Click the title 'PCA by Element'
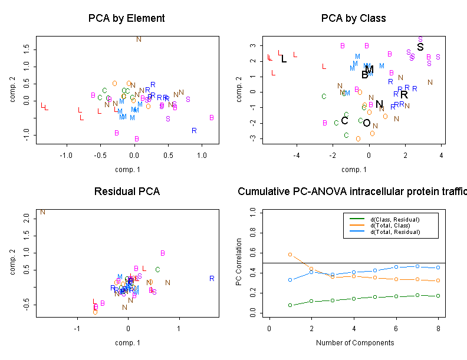coord(126,18)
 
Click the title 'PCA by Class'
coord(353,18)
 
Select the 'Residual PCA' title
coord(126,192)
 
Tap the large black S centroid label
coord(420,47)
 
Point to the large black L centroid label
coord(284,59)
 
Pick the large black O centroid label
coord(367,123)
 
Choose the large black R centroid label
coord(404,95)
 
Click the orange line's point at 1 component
coord(290,255)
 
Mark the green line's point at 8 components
coord(438,296)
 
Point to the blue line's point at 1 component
coord(290,280)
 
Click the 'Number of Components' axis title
coord(354,343)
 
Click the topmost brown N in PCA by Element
coord(139,39)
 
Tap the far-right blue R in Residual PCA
coord(212,279)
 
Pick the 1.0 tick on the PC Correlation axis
coord(254,211)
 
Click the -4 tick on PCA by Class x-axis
coord(297,156)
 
